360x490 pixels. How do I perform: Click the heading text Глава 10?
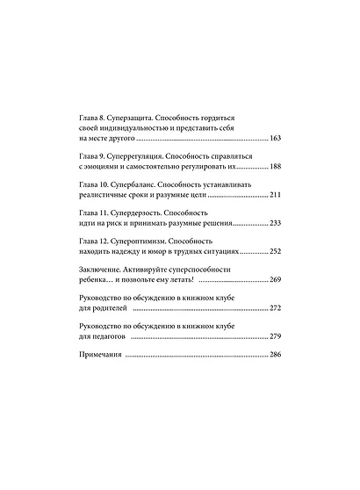coord(97,184)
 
